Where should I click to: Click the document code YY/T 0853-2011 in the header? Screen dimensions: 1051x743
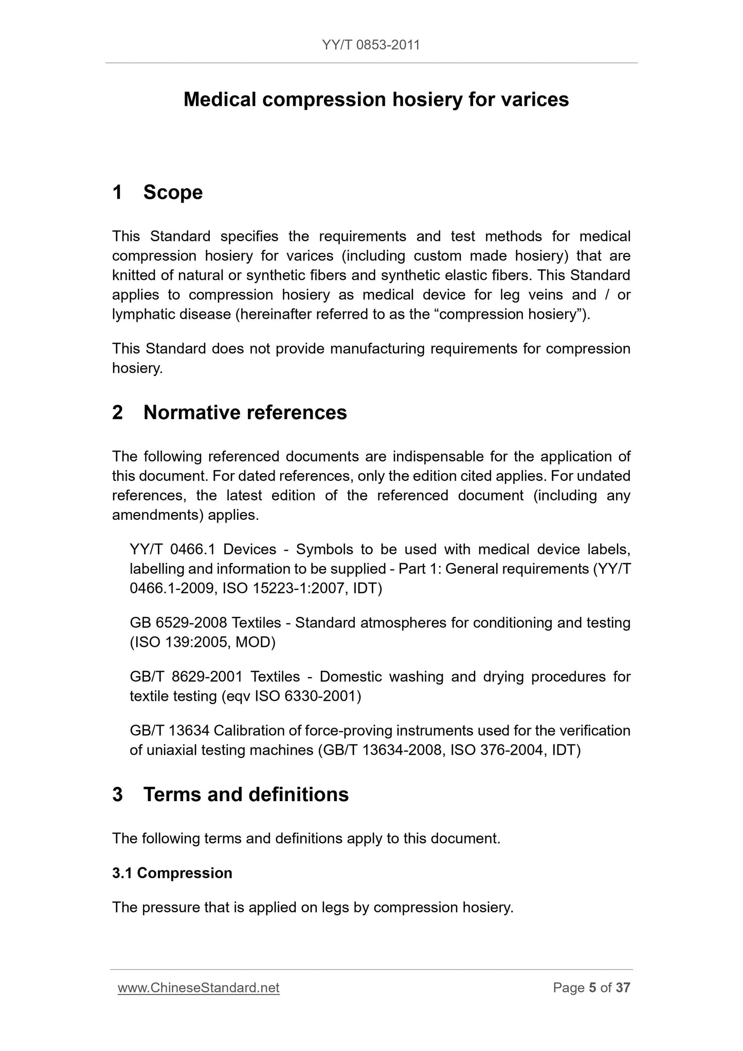(371, 45)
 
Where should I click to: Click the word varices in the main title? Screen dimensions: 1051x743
(534, 99)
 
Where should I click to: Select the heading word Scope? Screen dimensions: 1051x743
(173, 192)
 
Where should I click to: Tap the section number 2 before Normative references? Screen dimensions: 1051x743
(118, 412)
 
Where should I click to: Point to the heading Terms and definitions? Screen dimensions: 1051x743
(246, 794)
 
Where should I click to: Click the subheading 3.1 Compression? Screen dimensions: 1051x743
(172, 873)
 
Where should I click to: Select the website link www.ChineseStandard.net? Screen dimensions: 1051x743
(198, 988)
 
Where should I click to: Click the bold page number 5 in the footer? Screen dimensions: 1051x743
(592, 988)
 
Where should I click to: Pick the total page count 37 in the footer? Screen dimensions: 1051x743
(623, 988)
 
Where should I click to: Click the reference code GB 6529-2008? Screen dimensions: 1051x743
(178, 623)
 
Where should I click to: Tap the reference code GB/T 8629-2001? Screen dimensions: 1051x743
(186, 677)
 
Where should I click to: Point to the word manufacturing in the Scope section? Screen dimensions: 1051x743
(377, 349)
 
